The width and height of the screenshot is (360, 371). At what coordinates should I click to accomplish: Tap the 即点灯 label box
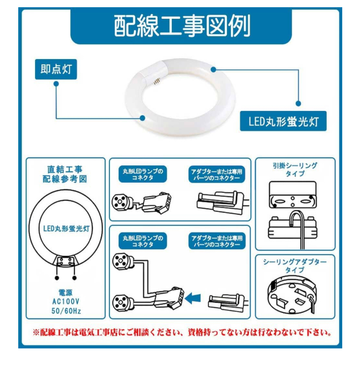point(56,69)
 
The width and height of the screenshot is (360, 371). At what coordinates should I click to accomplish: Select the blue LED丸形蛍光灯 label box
point(283,121)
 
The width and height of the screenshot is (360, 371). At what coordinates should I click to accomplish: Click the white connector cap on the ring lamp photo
point(153,71)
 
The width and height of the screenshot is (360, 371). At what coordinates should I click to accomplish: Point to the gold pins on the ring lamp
point(156,82)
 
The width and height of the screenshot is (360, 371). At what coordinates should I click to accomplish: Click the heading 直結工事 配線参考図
point(65,174)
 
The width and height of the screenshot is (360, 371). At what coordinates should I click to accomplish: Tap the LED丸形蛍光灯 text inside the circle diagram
point(66,229)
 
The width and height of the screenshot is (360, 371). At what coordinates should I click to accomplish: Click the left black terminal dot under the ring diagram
point(57,278)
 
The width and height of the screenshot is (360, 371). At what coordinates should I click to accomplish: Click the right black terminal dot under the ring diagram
point(74,278)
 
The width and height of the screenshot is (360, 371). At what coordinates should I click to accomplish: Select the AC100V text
point(66,301)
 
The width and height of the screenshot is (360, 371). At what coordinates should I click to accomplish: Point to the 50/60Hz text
point(66,310)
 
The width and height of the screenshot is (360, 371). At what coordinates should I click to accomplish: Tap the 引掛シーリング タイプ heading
point(295,170)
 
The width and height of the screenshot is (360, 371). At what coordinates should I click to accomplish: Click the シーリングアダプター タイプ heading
point(295,266)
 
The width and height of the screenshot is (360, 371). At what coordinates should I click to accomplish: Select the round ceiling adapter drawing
point(292,294)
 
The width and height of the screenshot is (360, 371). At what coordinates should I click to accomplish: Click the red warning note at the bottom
point(182,333)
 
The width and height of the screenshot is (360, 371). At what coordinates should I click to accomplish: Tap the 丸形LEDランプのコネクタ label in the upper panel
point(143,174)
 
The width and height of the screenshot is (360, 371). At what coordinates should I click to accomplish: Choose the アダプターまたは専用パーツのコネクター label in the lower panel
point(217,241)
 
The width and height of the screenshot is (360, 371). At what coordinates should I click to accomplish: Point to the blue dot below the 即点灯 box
point(56,84)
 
